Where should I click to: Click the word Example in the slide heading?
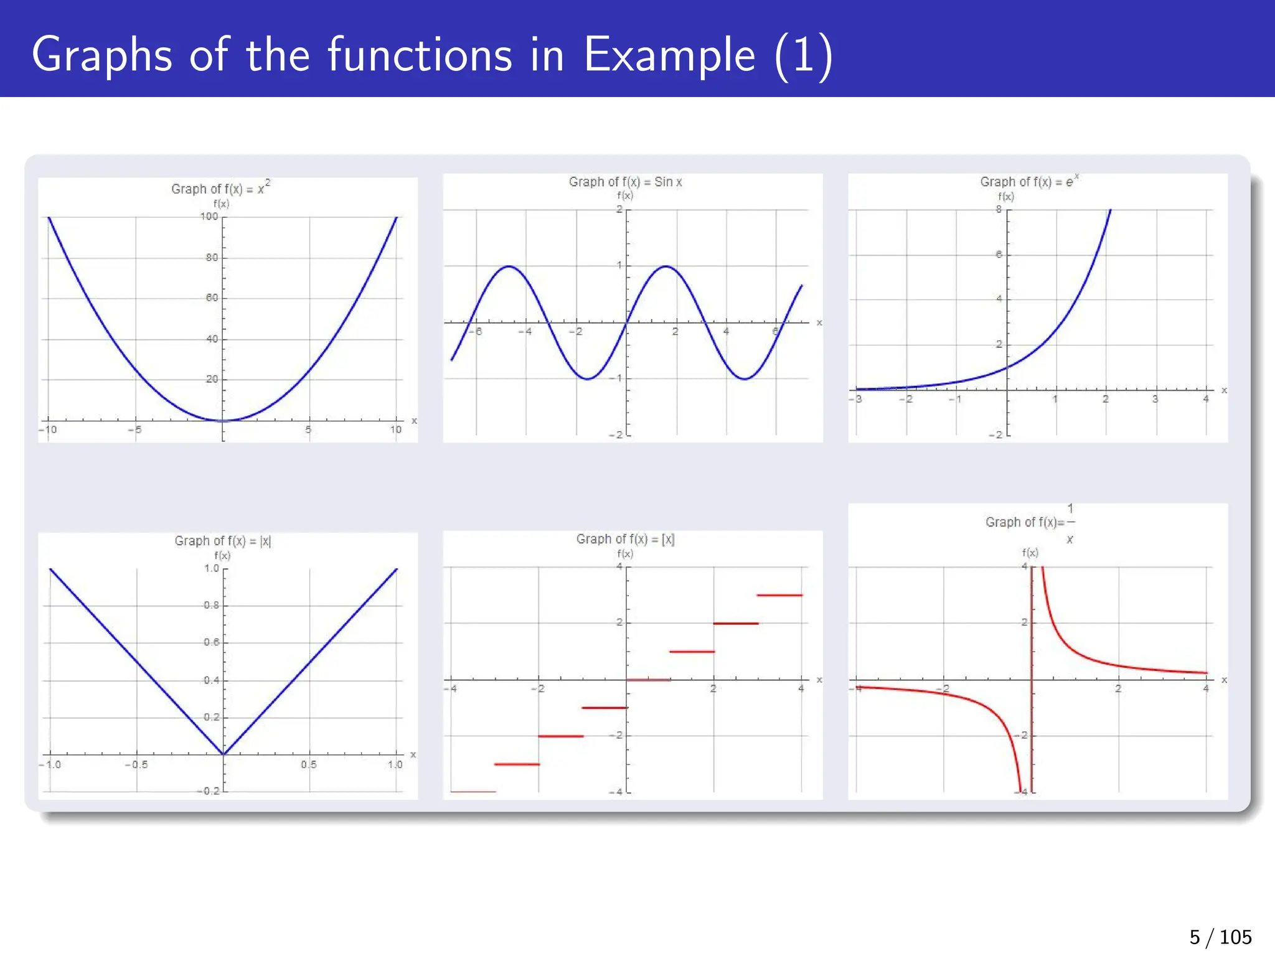coord(669,55)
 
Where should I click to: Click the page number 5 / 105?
coord(1220,937)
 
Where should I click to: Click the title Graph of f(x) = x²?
coord(220,189)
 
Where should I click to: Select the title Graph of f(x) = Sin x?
coord(625,182)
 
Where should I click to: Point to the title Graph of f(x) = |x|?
coord(222,541)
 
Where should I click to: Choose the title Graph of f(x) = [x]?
coord(625,539)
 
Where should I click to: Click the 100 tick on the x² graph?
coord(209,217)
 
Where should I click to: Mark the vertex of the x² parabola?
coord(223,421)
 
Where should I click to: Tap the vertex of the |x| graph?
coord(223,754)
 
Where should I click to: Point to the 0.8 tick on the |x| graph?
coord(212,605)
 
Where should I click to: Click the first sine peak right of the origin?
coord(666,266)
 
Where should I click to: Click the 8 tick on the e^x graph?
coord(999,210)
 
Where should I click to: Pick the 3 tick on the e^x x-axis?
coord(1155,399)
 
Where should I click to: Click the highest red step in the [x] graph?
coord(779,595)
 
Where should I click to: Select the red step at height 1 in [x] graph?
coord(692,652)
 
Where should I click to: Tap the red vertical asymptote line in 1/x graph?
coord(1032,678)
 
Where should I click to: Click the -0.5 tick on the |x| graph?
coord(136,764)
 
